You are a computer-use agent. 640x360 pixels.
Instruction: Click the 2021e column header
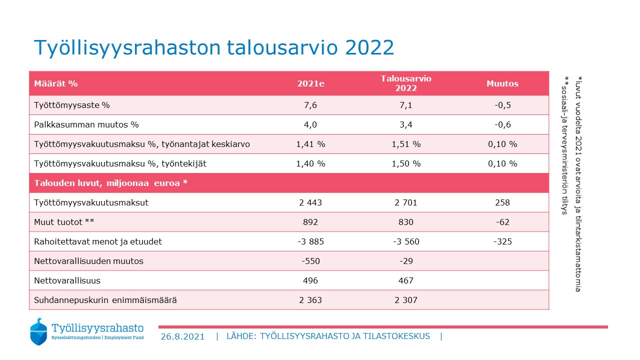310,83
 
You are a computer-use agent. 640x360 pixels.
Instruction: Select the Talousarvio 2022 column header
405,83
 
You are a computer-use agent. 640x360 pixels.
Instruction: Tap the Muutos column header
502,83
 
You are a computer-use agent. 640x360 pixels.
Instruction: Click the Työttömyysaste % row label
71,105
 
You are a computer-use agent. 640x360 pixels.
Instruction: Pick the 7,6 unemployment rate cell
310,105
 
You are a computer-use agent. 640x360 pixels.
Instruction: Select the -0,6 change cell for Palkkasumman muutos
502,124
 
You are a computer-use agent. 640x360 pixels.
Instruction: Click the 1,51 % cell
406,144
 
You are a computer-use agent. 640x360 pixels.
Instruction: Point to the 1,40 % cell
310,163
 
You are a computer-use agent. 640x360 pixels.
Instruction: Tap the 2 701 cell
405,202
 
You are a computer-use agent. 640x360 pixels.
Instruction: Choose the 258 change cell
502,202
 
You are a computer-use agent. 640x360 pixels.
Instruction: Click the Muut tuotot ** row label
64,222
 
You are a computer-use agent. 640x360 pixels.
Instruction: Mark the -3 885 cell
310,241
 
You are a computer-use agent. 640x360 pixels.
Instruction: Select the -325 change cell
502,241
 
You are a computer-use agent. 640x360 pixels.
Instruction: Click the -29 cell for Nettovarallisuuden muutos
406,261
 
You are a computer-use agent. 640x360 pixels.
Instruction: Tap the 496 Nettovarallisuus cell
310,280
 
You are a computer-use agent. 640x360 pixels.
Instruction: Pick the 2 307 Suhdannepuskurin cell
405,300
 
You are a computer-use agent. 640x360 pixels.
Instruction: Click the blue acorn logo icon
38,331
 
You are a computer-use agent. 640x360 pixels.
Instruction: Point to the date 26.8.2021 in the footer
182,336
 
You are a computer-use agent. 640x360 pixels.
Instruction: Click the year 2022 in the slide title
369,47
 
